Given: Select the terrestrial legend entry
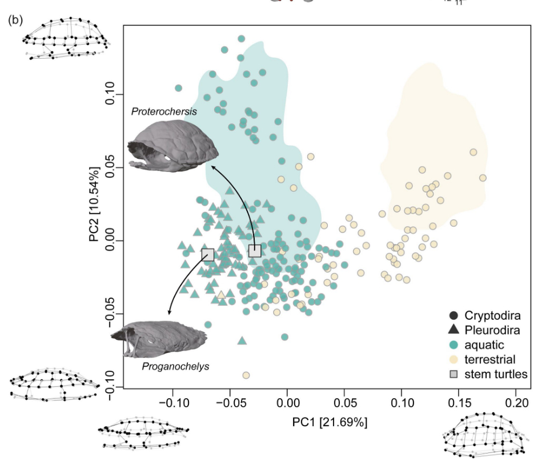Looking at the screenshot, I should [489, 359].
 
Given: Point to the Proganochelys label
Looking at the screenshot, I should [175, 366].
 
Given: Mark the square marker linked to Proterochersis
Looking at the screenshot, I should [255, 250].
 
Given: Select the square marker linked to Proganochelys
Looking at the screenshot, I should [208, 254].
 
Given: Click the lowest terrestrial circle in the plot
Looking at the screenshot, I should [246, 375].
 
